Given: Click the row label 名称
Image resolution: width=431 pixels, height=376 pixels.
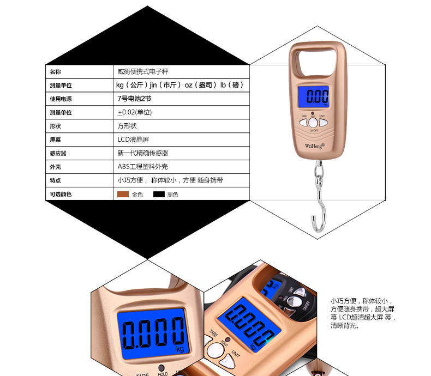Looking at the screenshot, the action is pos(55,71).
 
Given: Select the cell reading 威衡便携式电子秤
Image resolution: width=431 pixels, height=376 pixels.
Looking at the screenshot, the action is pos(147,71).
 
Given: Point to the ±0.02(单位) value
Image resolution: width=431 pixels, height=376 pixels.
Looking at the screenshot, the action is pos(134,112).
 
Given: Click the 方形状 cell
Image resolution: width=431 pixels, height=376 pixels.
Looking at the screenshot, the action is pos(127,126).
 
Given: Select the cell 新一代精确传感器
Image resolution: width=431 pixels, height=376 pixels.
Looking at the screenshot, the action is pos(143,153).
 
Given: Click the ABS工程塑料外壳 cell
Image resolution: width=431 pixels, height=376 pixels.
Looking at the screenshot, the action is pos(143,167).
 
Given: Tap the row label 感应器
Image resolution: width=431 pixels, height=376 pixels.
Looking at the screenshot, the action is pos(58,153).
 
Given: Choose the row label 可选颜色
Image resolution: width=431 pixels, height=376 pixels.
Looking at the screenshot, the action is pos(61,194).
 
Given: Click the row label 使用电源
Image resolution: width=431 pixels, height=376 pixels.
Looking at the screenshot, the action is pos(61,99).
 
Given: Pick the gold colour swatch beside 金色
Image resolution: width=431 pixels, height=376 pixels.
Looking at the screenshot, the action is pos(123,194).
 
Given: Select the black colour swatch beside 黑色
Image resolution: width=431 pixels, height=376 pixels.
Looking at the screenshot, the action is pos(159,194).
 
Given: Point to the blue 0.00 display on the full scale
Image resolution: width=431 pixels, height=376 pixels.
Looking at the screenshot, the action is pos(316,98).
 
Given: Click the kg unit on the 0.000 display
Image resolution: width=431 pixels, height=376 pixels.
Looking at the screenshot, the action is pos(179,349).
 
